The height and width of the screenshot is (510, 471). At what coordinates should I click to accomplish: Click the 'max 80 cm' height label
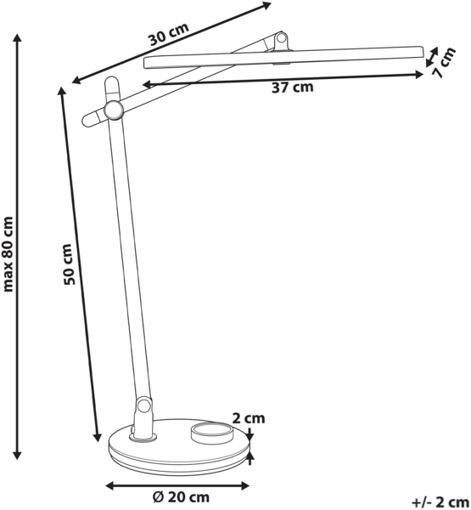click(8, 254)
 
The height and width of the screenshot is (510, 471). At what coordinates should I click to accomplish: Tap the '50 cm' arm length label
click(69, 264)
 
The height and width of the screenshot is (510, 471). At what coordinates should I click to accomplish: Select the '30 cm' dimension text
click(169, 34)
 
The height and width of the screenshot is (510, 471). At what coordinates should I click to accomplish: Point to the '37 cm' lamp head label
click(293, 88)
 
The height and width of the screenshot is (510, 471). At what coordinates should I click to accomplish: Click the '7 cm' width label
click(445, 63)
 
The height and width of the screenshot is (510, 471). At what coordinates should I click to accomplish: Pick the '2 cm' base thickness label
click(249, 418)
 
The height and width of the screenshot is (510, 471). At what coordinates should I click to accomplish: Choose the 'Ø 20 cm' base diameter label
click(181, 497)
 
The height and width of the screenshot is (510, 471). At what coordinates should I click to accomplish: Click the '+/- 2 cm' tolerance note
click(440, 502)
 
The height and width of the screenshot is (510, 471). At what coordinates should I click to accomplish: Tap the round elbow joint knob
click(113, 110)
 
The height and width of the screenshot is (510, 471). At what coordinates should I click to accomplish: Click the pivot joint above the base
click(143, 406)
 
